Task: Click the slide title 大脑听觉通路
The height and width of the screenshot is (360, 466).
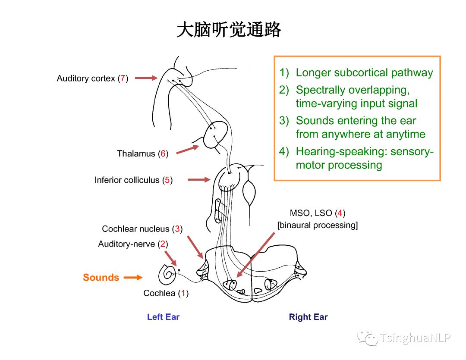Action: (x=229, y=31)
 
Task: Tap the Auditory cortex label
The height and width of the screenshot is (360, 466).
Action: (x=86, y=78)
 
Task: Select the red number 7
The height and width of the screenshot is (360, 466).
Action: (x=123, y=78)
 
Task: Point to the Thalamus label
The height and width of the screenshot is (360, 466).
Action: (x=136, y=153)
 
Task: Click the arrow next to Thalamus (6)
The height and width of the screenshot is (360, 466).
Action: (x=188, y=149)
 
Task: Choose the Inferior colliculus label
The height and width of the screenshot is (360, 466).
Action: (x=127, y=180)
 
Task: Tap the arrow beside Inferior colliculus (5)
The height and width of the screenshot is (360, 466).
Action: (x=199, y=180)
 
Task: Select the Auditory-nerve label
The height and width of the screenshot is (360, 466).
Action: (x=126, y=244)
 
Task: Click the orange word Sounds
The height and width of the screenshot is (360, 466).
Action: (x=101, y=278)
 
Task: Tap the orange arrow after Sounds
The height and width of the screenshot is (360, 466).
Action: (x=133, y=278)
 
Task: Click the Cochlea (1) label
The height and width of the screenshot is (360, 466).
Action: (x=166, y=293)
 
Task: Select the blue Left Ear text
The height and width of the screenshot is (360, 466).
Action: (x=163, y=317)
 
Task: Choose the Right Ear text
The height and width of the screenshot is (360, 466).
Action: (x=308, y=317)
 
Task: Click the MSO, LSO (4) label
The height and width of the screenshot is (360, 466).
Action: (x=318, y=213)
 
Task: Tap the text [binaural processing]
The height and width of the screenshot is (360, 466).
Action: (x=318, y=225)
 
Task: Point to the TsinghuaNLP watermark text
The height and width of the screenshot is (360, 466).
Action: (x=415, y=338)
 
